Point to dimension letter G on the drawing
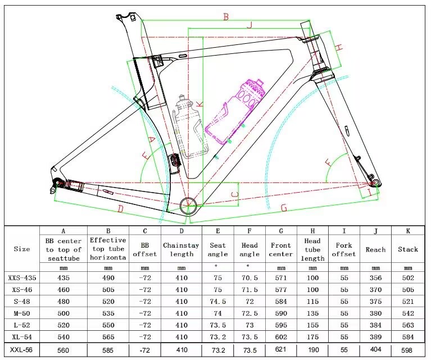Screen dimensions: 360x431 [x=284, y=208]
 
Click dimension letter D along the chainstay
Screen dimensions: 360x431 [x=120, y=209]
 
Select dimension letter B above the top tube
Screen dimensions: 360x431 [x=226, y=17]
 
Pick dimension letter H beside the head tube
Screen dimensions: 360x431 [x=339, y=48]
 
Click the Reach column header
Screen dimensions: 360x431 [x=376, y=249]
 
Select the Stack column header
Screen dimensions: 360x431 [x=408, y=249]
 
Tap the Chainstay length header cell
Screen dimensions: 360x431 [x=182, y=249]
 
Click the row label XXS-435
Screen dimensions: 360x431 [x=22, y=277]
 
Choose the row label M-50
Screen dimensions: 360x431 [x=22, y=312]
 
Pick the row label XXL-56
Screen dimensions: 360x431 [x=22, y=349]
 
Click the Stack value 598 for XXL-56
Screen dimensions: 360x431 [x=408, y=349]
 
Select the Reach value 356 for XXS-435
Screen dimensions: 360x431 [x=376, y=277]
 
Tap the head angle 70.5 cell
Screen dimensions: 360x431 [x=250, y=277]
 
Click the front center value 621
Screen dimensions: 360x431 [x=281, y=349]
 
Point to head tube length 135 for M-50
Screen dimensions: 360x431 [x=312, y=312]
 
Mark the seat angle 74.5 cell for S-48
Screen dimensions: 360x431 [x=217, y=301]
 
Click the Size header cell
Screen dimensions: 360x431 [x=22, y=249]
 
